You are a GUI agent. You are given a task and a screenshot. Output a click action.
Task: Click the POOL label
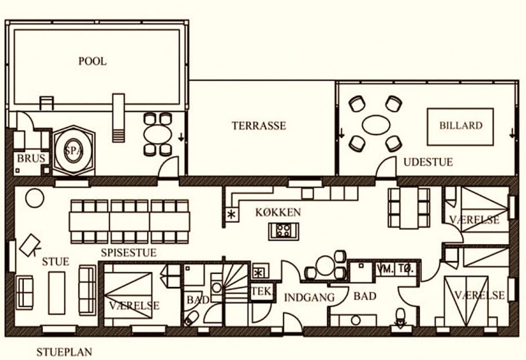(93, 61)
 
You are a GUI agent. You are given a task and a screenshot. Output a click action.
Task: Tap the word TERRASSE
(259, 126)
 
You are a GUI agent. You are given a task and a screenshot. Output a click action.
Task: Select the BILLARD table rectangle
(460, 127)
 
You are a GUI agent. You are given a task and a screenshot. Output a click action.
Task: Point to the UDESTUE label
(428, 162)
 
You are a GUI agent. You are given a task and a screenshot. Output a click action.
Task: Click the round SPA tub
(73, 150)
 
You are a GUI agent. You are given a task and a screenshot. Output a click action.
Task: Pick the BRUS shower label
(31, 158)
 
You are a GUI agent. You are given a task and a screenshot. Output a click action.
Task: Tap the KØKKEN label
(278, 212)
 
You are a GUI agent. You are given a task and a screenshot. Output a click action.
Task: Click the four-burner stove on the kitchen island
(284, 231)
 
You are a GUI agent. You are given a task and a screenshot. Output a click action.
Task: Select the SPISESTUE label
(129, 252)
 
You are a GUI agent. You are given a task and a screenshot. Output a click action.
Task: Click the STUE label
(56, 261)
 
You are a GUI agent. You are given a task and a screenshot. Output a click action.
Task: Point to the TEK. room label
(261, 291)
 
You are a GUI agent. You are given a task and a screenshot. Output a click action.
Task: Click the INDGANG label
(309, 297)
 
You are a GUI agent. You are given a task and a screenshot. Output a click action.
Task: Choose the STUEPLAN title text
(64, 352)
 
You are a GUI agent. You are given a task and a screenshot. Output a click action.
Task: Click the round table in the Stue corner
(35, 198)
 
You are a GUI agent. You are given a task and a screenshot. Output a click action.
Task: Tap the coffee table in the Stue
(57, 293)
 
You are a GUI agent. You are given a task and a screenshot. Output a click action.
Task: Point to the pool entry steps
(118, 118)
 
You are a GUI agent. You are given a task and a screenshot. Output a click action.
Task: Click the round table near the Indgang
(325, 265)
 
